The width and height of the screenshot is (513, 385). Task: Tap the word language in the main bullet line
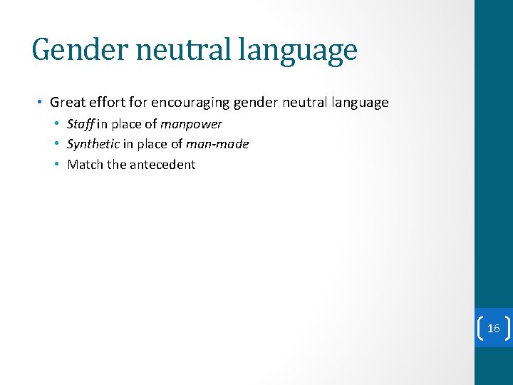click(x=360, y=103)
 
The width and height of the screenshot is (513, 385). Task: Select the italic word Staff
click(x=81, y=124)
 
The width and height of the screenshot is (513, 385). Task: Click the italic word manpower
click(x=191, y=124)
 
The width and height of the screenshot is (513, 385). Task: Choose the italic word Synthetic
click(x=93, y=144)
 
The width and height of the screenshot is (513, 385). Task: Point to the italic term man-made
click(x=217, y=144)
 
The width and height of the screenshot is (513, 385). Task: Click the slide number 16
click(x=493, y=328)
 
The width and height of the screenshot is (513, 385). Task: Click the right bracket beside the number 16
click(x=507, y=328)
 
